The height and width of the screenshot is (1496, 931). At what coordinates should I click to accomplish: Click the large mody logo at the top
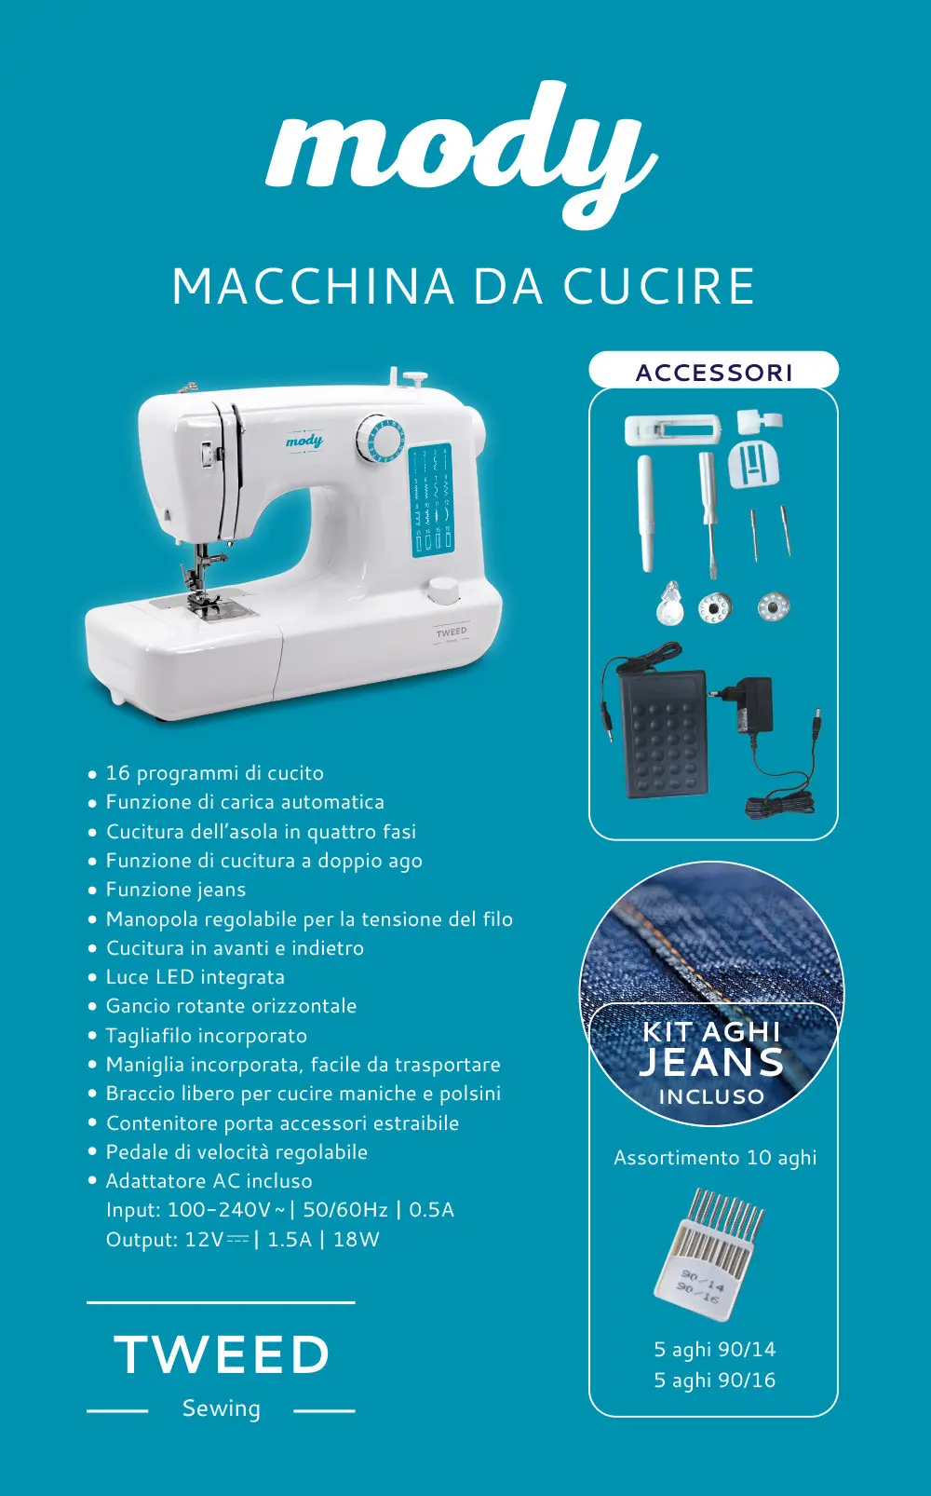click(462, 155)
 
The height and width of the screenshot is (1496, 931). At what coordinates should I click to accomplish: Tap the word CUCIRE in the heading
click(659, 287)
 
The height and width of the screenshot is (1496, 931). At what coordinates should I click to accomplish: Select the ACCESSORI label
click(713, 372)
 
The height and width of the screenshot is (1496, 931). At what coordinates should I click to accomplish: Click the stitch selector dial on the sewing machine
click(379, 438)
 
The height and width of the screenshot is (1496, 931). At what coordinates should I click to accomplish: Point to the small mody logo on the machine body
click(304, 441)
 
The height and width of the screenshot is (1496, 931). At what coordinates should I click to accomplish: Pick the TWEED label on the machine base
click(452, 632)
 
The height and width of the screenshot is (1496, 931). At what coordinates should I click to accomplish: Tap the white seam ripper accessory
click(645, 513)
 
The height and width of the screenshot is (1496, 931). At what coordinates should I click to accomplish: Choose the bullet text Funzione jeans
click(176, 890)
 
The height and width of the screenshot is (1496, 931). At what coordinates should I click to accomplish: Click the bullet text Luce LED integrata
click(195, 977)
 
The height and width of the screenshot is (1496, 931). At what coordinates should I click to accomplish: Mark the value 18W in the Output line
click(356, 1240)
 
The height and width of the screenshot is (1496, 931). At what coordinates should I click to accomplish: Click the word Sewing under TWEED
click(222, 1408)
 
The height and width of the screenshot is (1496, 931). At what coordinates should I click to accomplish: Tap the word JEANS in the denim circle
click(711, 1062)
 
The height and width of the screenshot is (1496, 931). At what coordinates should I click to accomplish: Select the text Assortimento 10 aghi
click(715, 1157)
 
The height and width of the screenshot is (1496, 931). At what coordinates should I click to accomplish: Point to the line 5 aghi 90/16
click(715, 1380)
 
